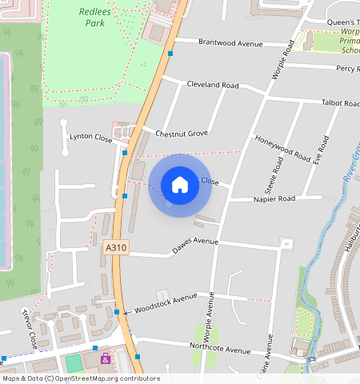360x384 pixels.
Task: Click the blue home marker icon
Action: (180, 185)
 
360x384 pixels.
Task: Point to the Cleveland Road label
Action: (213, 85)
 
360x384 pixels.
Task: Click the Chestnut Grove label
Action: (182, 133)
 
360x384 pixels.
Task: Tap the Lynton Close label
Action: (91, 137)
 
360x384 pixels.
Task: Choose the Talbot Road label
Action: (340, 103)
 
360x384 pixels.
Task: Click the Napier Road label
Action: (274, 198)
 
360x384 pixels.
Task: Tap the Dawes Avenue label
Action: (195, 246)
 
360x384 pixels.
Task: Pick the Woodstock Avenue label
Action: (166, 302)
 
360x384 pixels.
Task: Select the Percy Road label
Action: (347, 69)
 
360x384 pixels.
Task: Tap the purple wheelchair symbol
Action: (105, 358)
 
